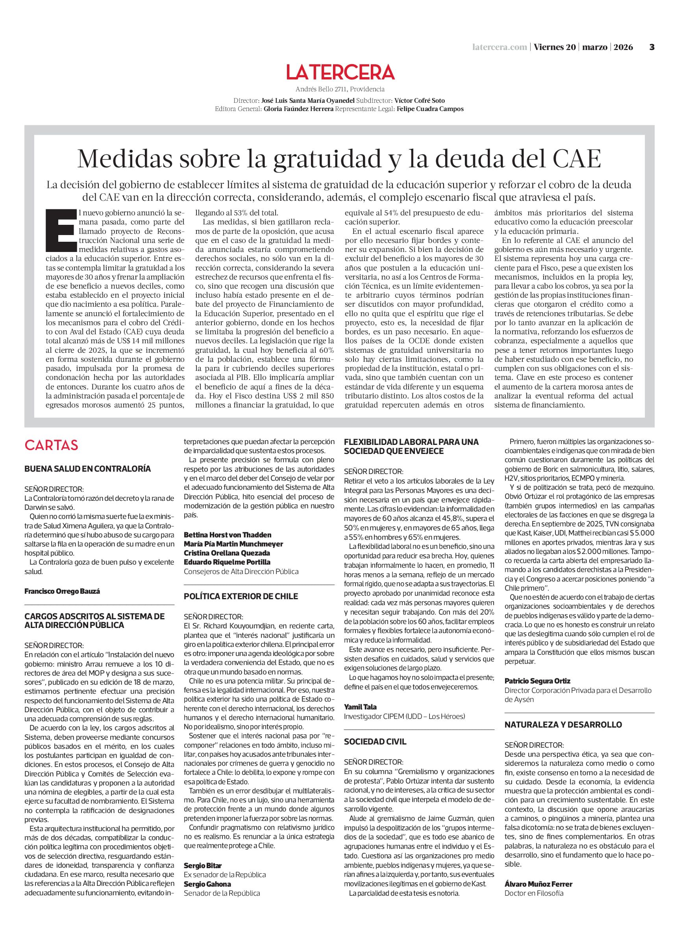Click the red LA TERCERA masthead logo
pyautogui.click(x=340, y=72)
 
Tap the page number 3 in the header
pyautogui.click(x=651, y=47)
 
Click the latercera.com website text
pyautogui.click(x=500, y=47)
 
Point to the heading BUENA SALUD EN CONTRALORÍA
pyautogui.click(x=87, y=469)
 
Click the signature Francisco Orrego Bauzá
pyautogui.click(x=62, y=591)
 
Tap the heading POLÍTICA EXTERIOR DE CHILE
pyautogui.click(x=241, y=596)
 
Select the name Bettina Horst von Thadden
pyautogui.click(x=228, y=535)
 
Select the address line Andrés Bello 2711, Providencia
pyautogui.click(x=340, y=89)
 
